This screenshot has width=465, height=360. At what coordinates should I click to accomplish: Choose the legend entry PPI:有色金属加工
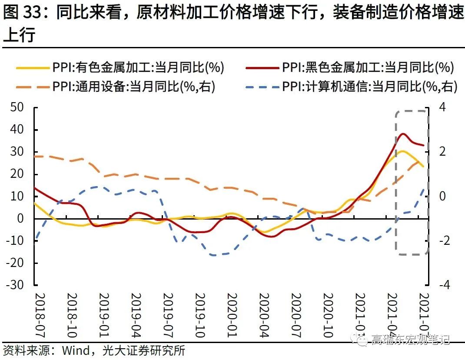pyautogui.click(x=138, y=67)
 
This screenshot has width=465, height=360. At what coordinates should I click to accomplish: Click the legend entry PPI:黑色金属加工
pyautogui.click(x=368, y=67)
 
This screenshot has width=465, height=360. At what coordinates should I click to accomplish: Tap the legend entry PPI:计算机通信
pyautogui.click(x=369, y=87)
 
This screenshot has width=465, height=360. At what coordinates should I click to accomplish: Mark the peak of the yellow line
pyautogui.click(x=402, y=151)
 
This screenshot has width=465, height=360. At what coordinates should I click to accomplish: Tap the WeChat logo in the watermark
pyautogui.click(x=360, y=338)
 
